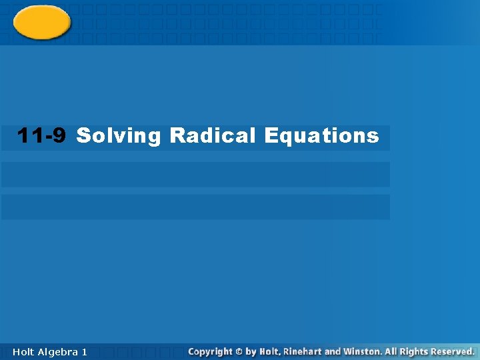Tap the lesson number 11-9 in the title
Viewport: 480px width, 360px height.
(x=41, y=136)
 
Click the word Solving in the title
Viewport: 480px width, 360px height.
(x=119, y=136)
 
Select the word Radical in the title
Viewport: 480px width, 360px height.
(x=213, y=136)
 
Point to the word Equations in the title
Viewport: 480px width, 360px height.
(x=321, y=136)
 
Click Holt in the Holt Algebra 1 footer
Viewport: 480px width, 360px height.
(x=24, y=351)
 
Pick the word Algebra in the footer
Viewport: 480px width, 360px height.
(x=57, y=351)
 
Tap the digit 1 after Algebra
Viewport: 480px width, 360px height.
(x=84, y=351)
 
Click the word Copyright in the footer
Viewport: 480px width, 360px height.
(x=211, y=351)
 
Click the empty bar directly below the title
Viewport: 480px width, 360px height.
(x=195, y=175)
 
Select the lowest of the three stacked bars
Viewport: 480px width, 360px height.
(x=195, y=207)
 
